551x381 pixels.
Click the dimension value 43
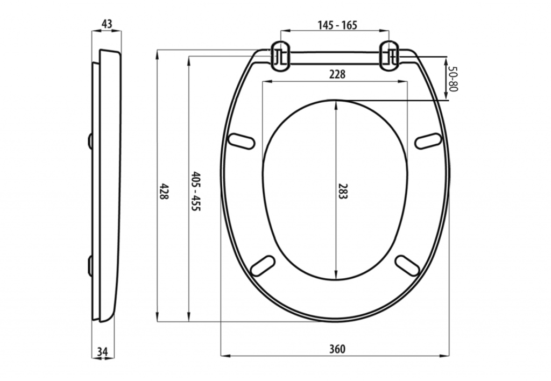click(107, 24)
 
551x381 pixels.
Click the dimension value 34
click(102, 351)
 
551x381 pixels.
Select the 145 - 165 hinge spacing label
click(337, 25)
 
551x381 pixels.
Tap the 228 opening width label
click(337, 74)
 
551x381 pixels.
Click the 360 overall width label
click(337, 349)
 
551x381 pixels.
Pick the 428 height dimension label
click(164, 191)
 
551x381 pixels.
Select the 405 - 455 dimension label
click(195, 191)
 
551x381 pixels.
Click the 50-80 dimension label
click(453, 79)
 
